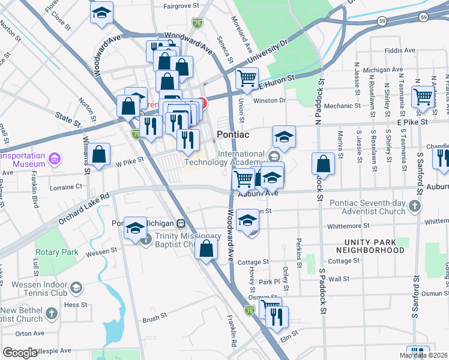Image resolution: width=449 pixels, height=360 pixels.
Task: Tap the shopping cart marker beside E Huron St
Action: click(247, 78)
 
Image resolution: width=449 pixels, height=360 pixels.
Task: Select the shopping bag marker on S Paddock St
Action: click(323, 164)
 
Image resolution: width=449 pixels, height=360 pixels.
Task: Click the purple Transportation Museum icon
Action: click(55, 159)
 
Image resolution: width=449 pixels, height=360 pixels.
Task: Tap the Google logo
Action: click(20, 352)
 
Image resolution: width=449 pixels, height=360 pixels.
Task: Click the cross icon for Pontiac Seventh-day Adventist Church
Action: click(414, 206)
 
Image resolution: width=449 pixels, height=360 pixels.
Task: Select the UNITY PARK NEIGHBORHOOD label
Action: click(366, 245)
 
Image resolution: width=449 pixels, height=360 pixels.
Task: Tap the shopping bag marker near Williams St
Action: click(100, 154)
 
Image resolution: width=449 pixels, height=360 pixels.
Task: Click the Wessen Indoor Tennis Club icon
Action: click(76, 288)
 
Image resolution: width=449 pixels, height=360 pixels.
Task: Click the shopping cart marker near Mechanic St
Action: click(423, 96)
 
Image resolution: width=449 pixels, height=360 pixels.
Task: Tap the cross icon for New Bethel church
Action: click(52, 313)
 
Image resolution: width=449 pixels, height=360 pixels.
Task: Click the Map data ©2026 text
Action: click(423, 355)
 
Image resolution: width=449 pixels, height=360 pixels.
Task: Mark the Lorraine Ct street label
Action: click(67, 187)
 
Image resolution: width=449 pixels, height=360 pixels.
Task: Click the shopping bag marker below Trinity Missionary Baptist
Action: click(206, 248)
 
